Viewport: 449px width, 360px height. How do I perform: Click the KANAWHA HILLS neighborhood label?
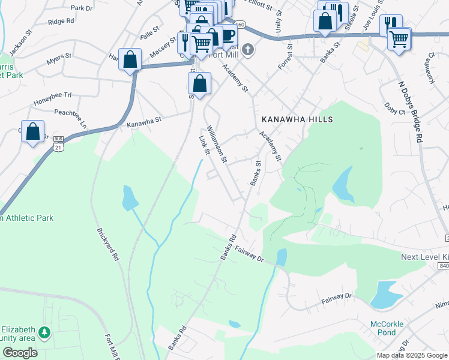coord(296,119)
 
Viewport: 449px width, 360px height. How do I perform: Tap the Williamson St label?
coord(216,144)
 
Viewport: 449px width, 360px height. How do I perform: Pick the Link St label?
coord(203,145)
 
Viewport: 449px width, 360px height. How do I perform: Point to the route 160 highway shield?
coord(240,24)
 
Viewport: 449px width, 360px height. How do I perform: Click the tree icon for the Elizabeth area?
coord(44,332)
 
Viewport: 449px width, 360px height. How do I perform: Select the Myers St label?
coord(59,62)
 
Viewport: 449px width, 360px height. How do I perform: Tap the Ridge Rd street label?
coord(61,21)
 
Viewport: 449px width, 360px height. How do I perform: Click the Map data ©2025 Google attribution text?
coord(411,355)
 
